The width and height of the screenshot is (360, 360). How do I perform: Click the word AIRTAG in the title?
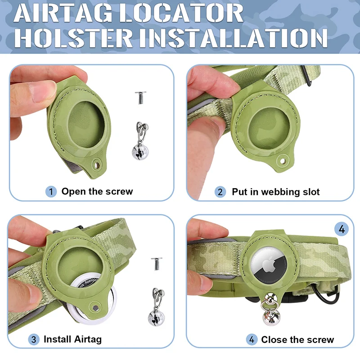[x=63, y=13]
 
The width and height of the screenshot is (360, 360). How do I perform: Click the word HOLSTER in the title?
[x=73, y=38]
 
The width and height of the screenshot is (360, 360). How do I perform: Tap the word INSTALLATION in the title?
[x=233, y=38]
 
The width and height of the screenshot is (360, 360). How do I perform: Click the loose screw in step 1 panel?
[x=140, y=98]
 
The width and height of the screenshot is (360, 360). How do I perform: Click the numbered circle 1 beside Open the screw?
[x=51, y=192]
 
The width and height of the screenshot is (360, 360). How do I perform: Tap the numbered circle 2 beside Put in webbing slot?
[x=220, y=192]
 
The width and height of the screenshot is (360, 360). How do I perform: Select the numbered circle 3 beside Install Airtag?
[x=34, y=339]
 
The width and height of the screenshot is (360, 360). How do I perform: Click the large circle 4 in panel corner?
[x=342, y=229]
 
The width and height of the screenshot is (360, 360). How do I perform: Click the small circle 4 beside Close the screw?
[x=252, y=340]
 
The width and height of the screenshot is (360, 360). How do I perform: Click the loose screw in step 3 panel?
[x=157, y=264]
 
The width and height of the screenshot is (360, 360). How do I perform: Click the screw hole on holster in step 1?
[x=97, y=165]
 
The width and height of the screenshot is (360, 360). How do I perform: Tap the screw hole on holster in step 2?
[x=283, y=161]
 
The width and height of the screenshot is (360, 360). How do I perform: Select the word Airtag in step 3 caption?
[x=88, y=340]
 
